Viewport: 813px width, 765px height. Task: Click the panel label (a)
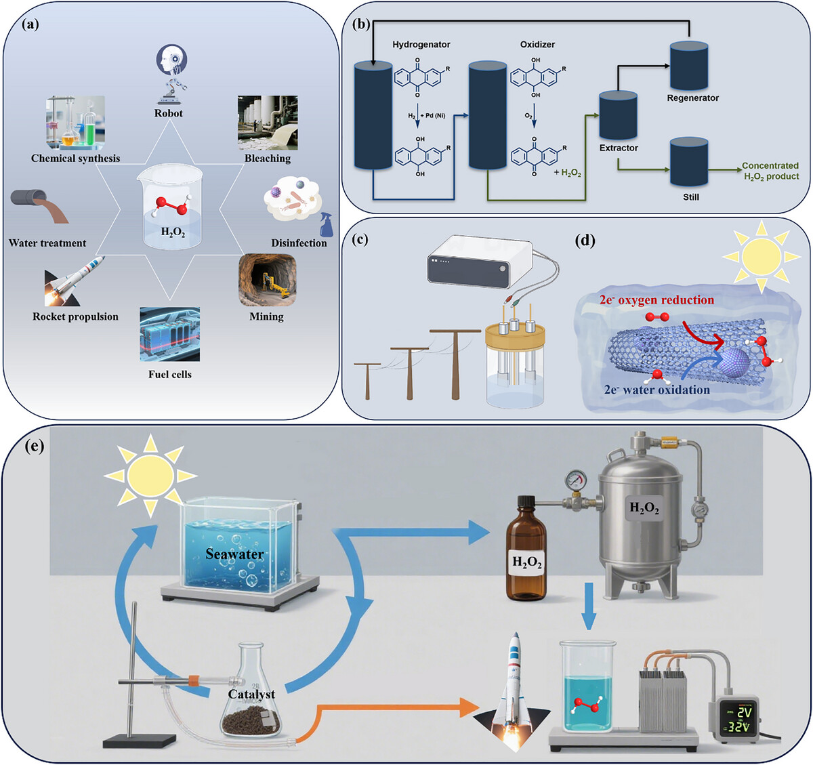[x=31, y=25]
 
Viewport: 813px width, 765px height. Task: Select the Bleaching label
[x=268, y=159]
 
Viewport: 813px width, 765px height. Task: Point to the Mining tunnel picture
[x=267, y=280]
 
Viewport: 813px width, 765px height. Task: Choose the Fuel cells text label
[x=170, y=374]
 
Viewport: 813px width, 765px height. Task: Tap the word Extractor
[x=619, y=148]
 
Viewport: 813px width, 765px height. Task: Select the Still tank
[x=689, y=163]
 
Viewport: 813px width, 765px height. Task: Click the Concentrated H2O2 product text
[x=770, y=171]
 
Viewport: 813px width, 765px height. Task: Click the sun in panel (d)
[x=761, y=254]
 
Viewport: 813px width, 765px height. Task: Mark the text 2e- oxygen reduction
[x=656, y=300]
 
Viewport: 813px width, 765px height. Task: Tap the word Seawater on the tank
[x=234, y=554]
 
